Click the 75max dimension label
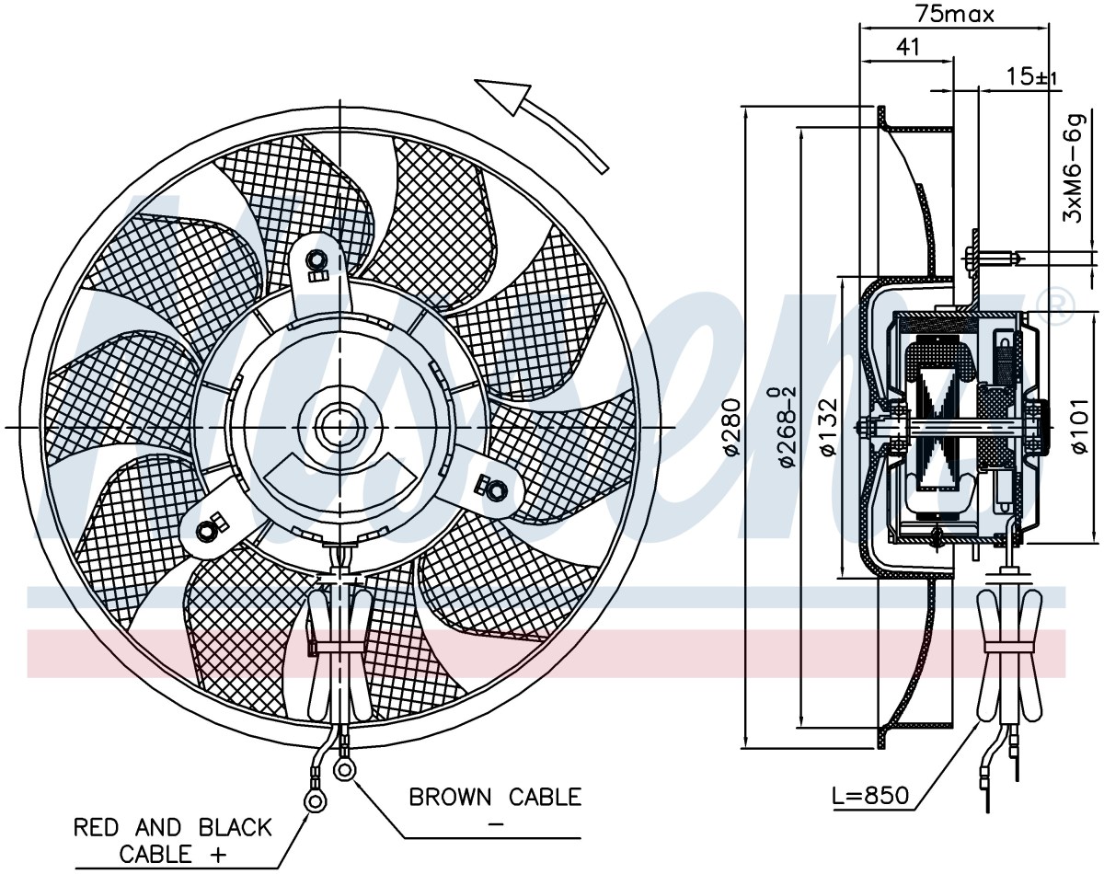click(x=955, y=15)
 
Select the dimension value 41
click(x=908, y=47)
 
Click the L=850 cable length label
click(x=870, y=797)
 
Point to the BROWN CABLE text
click(x=495, y=797)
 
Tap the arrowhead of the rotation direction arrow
click(x=502, y=98)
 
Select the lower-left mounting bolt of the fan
click(x=207, y=530)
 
